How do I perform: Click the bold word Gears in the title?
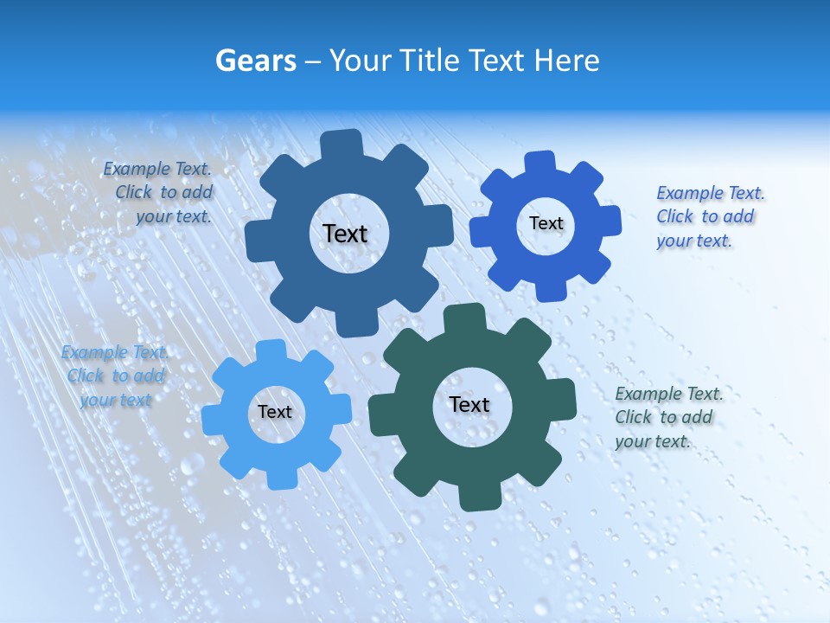point(256,61)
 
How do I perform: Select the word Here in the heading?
point(566,61)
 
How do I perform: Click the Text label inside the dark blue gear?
point(345,234)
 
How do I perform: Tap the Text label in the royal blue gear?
point(546,223)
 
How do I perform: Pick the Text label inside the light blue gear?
point(275,412)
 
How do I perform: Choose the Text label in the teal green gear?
point(469,404)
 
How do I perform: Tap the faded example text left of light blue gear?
point(115,376)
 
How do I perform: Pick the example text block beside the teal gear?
point(666,417)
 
